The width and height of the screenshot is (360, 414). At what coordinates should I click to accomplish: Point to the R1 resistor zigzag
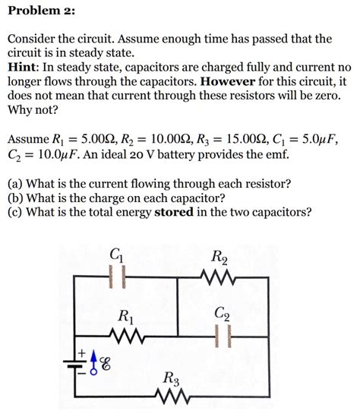[x=125, y=335]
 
